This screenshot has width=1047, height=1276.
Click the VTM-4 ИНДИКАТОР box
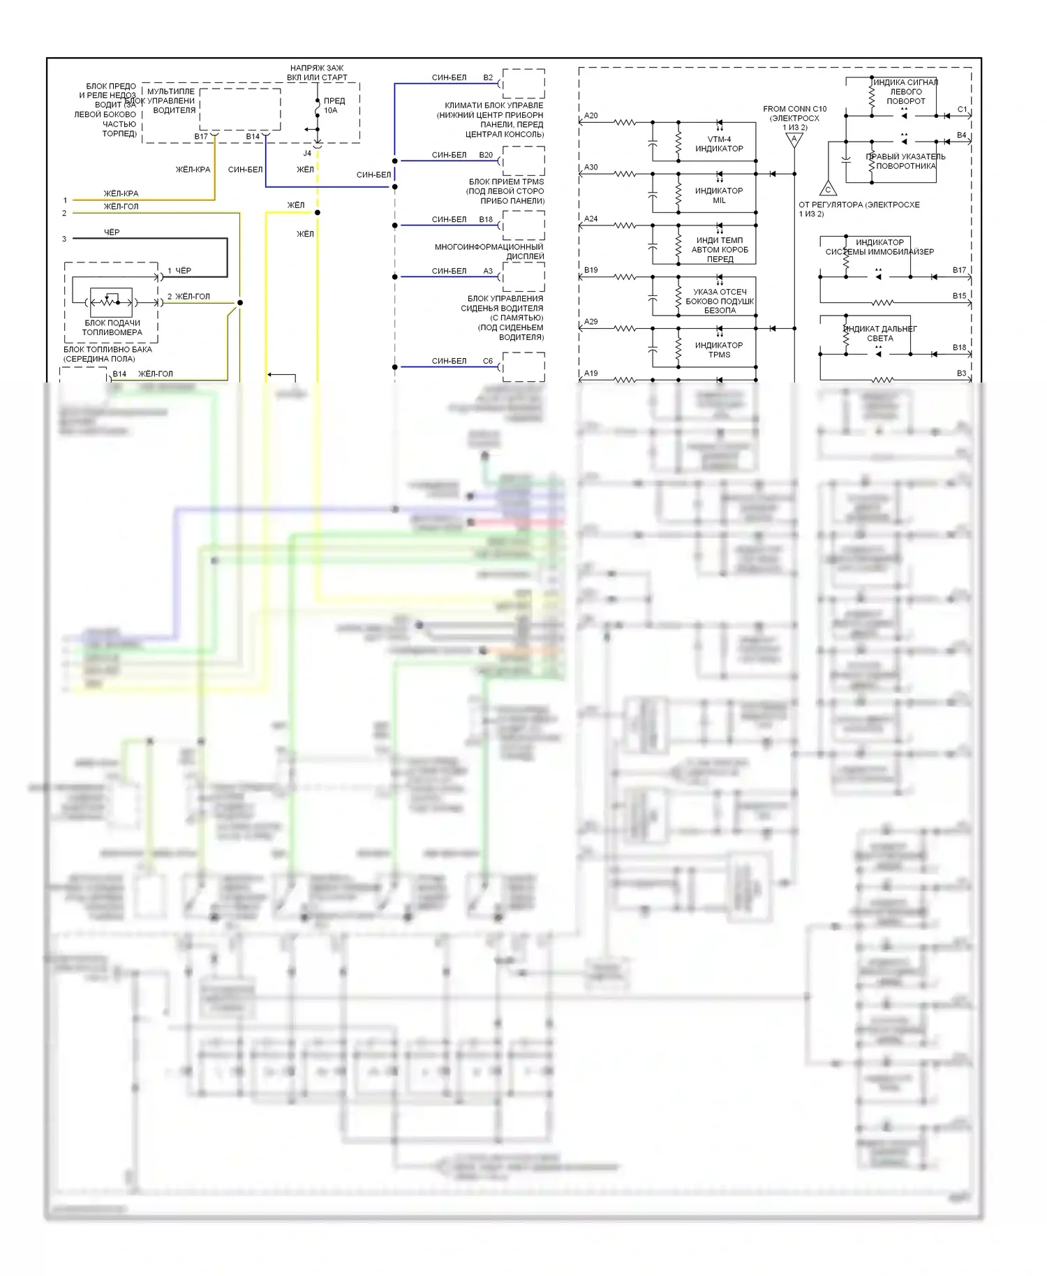[x=719, y=144]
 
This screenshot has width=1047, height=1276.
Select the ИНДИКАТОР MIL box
[x=719, y=195]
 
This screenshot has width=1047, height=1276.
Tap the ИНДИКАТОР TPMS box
[x=719, y=350]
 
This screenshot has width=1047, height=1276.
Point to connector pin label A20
[x=591, y=116]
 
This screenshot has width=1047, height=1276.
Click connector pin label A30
[x=591, y=168]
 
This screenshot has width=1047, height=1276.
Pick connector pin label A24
[x=591, y=219]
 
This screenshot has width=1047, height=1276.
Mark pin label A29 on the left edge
[x=591, y=322]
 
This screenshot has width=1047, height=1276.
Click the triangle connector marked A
[x=794, y=140]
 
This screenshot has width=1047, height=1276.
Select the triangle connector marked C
[x=828, y=188]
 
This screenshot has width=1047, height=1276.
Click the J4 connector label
[x=307, y=153]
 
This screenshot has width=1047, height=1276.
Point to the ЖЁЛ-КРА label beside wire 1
[x=121, y=193]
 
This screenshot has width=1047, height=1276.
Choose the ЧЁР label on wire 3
[x=112, y=232]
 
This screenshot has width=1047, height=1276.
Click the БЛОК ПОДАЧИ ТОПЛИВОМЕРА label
[x=112, y=327]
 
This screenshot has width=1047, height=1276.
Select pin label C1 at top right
[x=962, y=110]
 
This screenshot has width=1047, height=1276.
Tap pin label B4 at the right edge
[x=962, y=135]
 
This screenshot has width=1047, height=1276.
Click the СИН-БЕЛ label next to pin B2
[x=449, y=77]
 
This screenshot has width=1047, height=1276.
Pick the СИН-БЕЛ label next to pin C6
[x=449, y=361]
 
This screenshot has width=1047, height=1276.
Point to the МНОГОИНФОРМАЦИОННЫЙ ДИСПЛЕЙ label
[x=489, y=251]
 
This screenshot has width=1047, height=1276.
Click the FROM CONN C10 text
[x=794, y=109]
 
